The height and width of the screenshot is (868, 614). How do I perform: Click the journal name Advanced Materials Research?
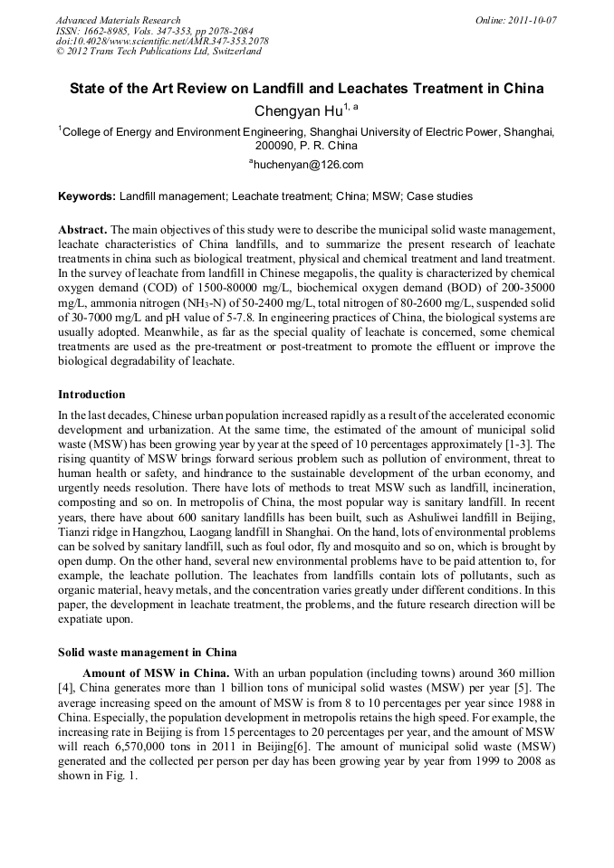[x=118, y=20]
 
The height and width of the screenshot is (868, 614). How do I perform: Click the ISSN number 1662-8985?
[x=105, y=31]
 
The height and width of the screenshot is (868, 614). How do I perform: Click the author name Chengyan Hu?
[x=295, y=111]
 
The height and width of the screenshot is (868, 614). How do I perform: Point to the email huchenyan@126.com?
[x=308, y=165]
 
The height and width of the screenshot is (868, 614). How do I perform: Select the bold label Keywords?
[x=87, y=196]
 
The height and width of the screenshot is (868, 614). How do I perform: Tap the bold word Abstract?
[x=82, y=232]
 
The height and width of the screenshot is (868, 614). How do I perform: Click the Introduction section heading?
[x=91, y=395]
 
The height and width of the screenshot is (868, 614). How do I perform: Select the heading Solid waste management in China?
[x=147, y=652]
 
